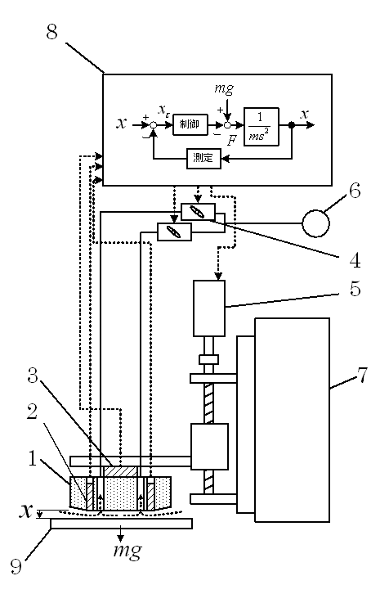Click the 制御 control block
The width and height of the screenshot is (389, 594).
click(x=190, y=124)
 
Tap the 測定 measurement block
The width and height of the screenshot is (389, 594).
click(x=204, y=158)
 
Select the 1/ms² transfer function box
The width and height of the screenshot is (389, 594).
click(x=261, y=127)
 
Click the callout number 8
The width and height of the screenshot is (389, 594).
click(x=52, y=31)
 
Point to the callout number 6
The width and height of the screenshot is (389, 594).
click(x=354, y=190)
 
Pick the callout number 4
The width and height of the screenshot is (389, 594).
click(x=355, y=260)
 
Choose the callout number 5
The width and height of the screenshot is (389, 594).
click(x=355, y=289)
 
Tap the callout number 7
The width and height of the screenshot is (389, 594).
click(x=362, y=375)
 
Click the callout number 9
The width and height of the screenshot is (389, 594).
click(x=16, y=566)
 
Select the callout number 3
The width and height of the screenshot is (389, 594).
click(x=33, y=376)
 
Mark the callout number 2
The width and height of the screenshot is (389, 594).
click(x=32, y=411)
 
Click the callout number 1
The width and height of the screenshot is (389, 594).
click(x=33, y=458)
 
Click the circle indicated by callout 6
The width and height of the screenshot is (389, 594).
click(x=315, y=223)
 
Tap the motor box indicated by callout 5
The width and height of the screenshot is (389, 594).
click(x=209, y=308)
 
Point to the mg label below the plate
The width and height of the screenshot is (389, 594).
click(x=128, y=551)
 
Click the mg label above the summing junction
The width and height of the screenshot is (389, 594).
click(x=224, y=88)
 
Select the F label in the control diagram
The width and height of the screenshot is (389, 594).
click(x=231, y=141)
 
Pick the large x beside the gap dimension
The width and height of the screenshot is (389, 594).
click(x=26, y=511)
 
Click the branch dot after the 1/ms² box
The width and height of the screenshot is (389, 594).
click(x=292, y=125)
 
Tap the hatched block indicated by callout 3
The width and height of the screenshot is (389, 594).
click(x=120, y=471)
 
